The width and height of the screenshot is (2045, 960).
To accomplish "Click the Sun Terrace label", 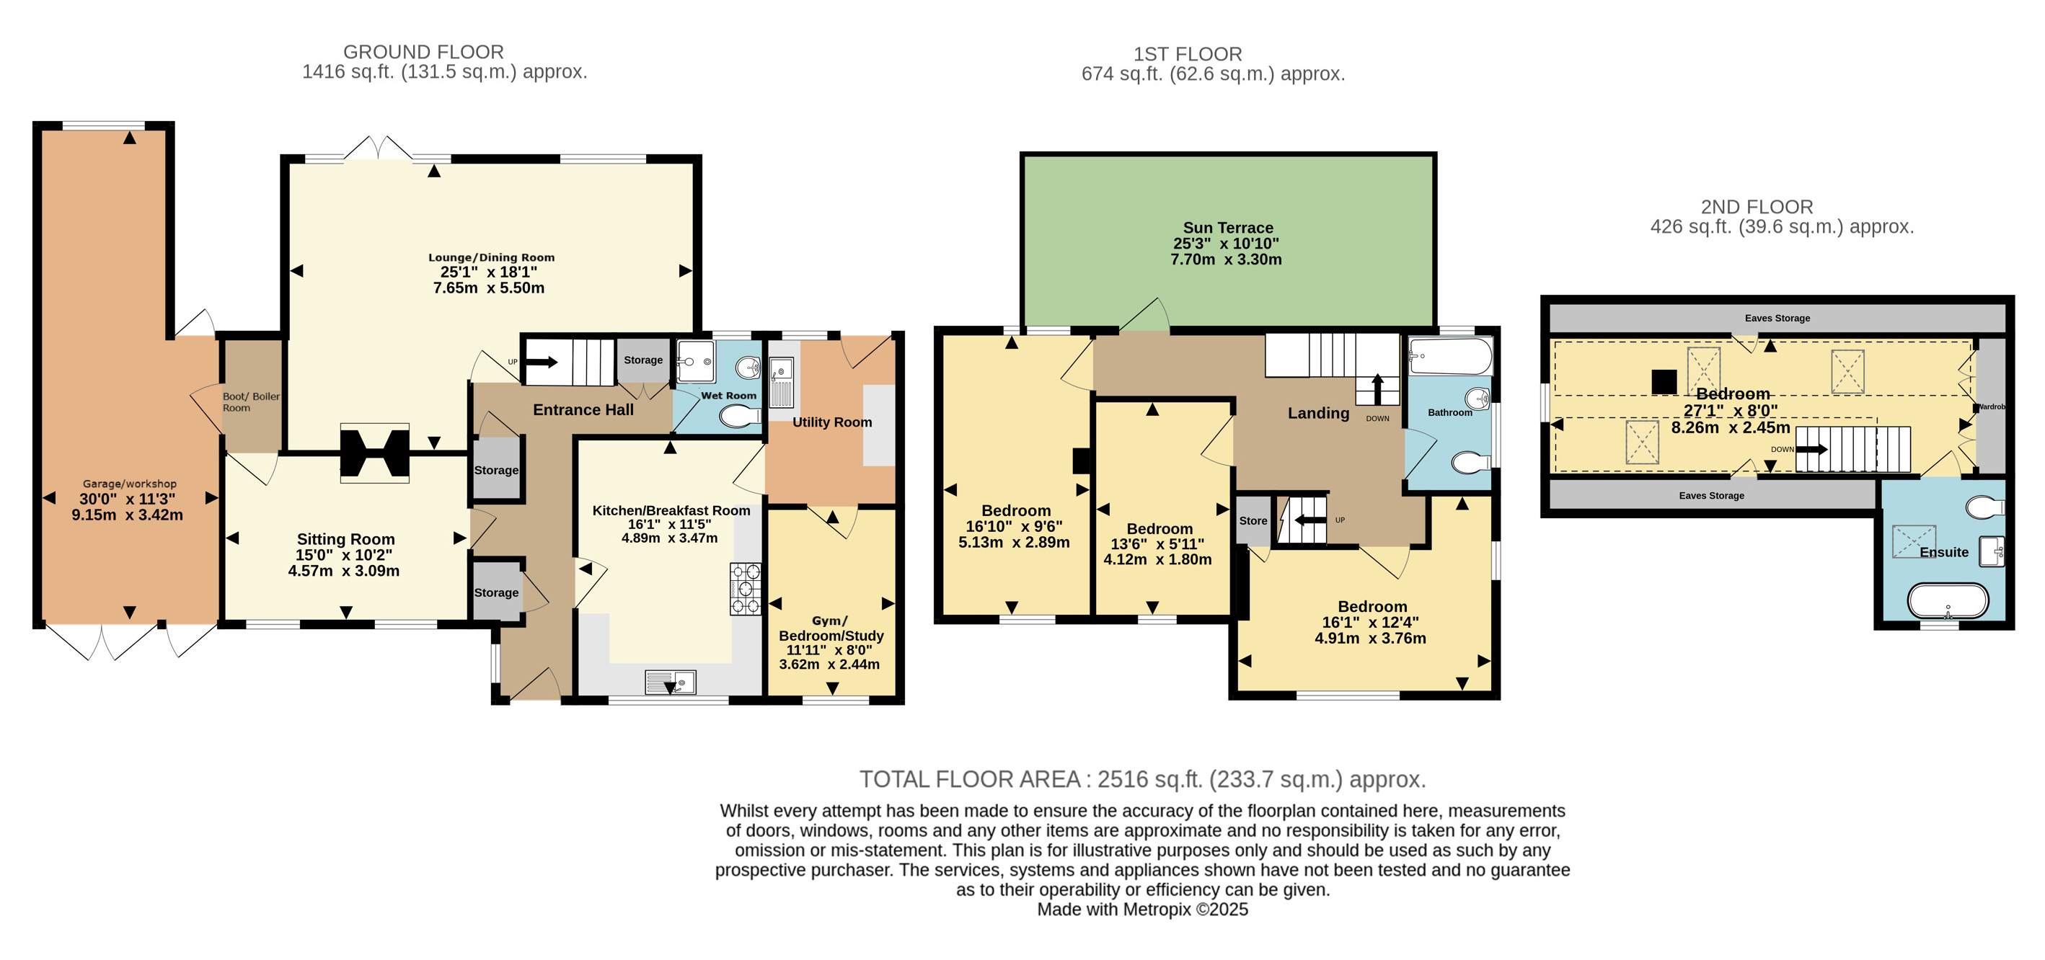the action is click(x=1227, y=228).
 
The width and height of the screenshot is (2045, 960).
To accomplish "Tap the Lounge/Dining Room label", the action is click(x=491, y=257).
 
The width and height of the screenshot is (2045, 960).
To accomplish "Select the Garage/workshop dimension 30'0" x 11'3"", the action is click(x=127, y=499).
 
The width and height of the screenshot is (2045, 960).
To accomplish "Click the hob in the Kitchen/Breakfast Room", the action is click(x=746, y=589).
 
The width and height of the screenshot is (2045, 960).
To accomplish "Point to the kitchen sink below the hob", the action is click(x=671, y=682).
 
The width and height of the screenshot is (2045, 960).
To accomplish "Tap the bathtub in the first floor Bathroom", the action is click(x=1450, y=357).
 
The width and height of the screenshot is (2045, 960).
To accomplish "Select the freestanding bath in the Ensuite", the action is click(x=1948, y=600).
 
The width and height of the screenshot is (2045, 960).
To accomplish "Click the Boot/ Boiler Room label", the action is click(x=251, y=402).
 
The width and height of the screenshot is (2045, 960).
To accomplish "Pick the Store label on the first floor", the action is click(x=1253, y=520).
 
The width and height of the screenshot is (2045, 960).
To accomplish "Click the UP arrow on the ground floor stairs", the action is click(x=542, y=363).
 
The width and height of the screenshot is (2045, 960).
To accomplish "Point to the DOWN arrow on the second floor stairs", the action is click(x=1811, y=449).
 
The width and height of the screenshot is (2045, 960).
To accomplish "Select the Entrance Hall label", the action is click(x=583, y=409).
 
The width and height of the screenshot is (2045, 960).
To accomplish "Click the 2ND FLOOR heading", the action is click(x=1757, y=207).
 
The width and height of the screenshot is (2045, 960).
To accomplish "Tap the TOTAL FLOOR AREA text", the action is click(x=969, y=779).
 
